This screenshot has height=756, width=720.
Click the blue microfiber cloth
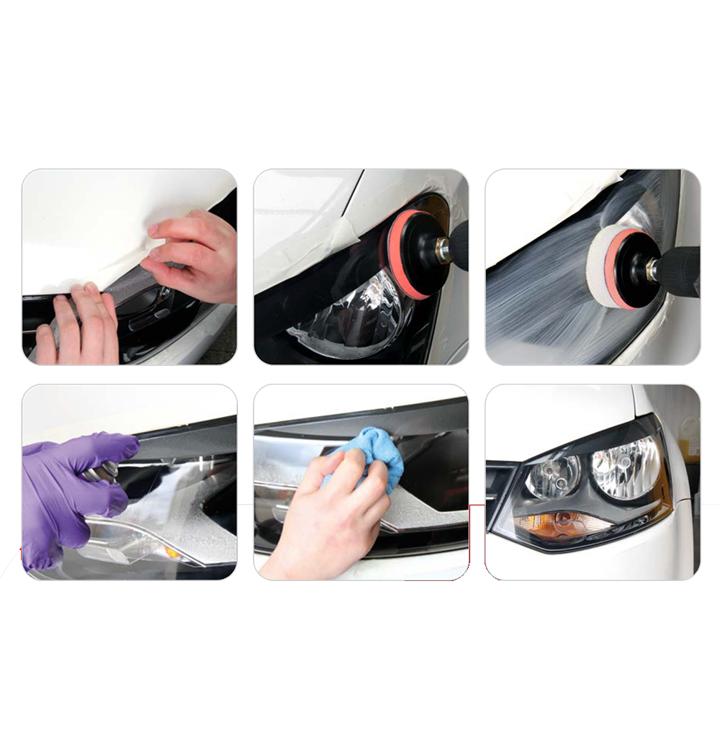367,449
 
